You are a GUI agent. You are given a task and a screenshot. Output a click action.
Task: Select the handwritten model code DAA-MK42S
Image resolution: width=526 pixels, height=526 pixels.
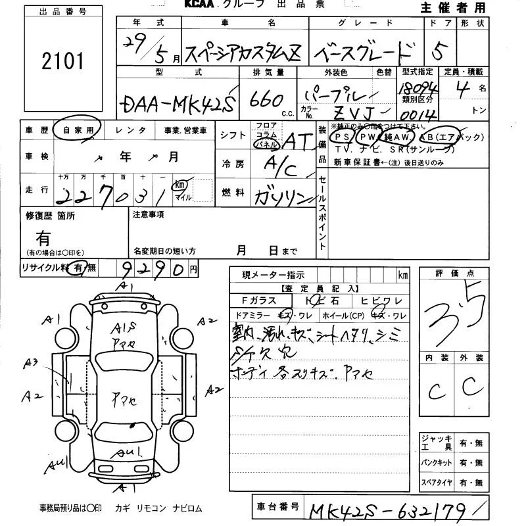[x=178, y=103]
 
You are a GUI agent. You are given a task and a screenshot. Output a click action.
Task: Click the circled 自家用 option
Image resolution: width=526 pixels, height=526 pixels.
[x=78, y=130]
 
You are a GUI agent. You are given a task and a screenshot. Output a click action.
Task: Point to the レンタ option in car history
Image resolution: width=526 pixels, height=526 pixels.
[x=130, y=131]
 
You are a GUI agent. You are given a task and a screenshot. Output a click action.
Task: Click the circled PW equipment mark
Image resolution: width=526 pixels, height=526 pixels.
[x=367, y=137]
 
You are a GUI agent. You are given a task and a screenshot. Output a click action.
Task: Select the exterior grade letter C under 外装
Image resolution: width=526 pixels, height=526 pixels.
[x=472, y=387]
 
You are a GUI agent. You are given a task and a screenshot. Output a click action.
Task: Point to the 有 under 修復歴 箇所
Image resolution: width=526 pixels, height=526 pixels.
[x=43, y=237]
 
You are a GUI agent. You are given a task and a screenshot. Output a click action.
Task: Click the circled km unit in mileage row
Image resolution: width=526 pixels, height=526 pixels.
[x=178, y=186]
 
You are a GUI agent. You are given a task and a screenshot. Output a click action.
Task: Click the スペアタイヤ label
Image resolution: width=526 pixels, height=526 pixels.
[x=437, y=484]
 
